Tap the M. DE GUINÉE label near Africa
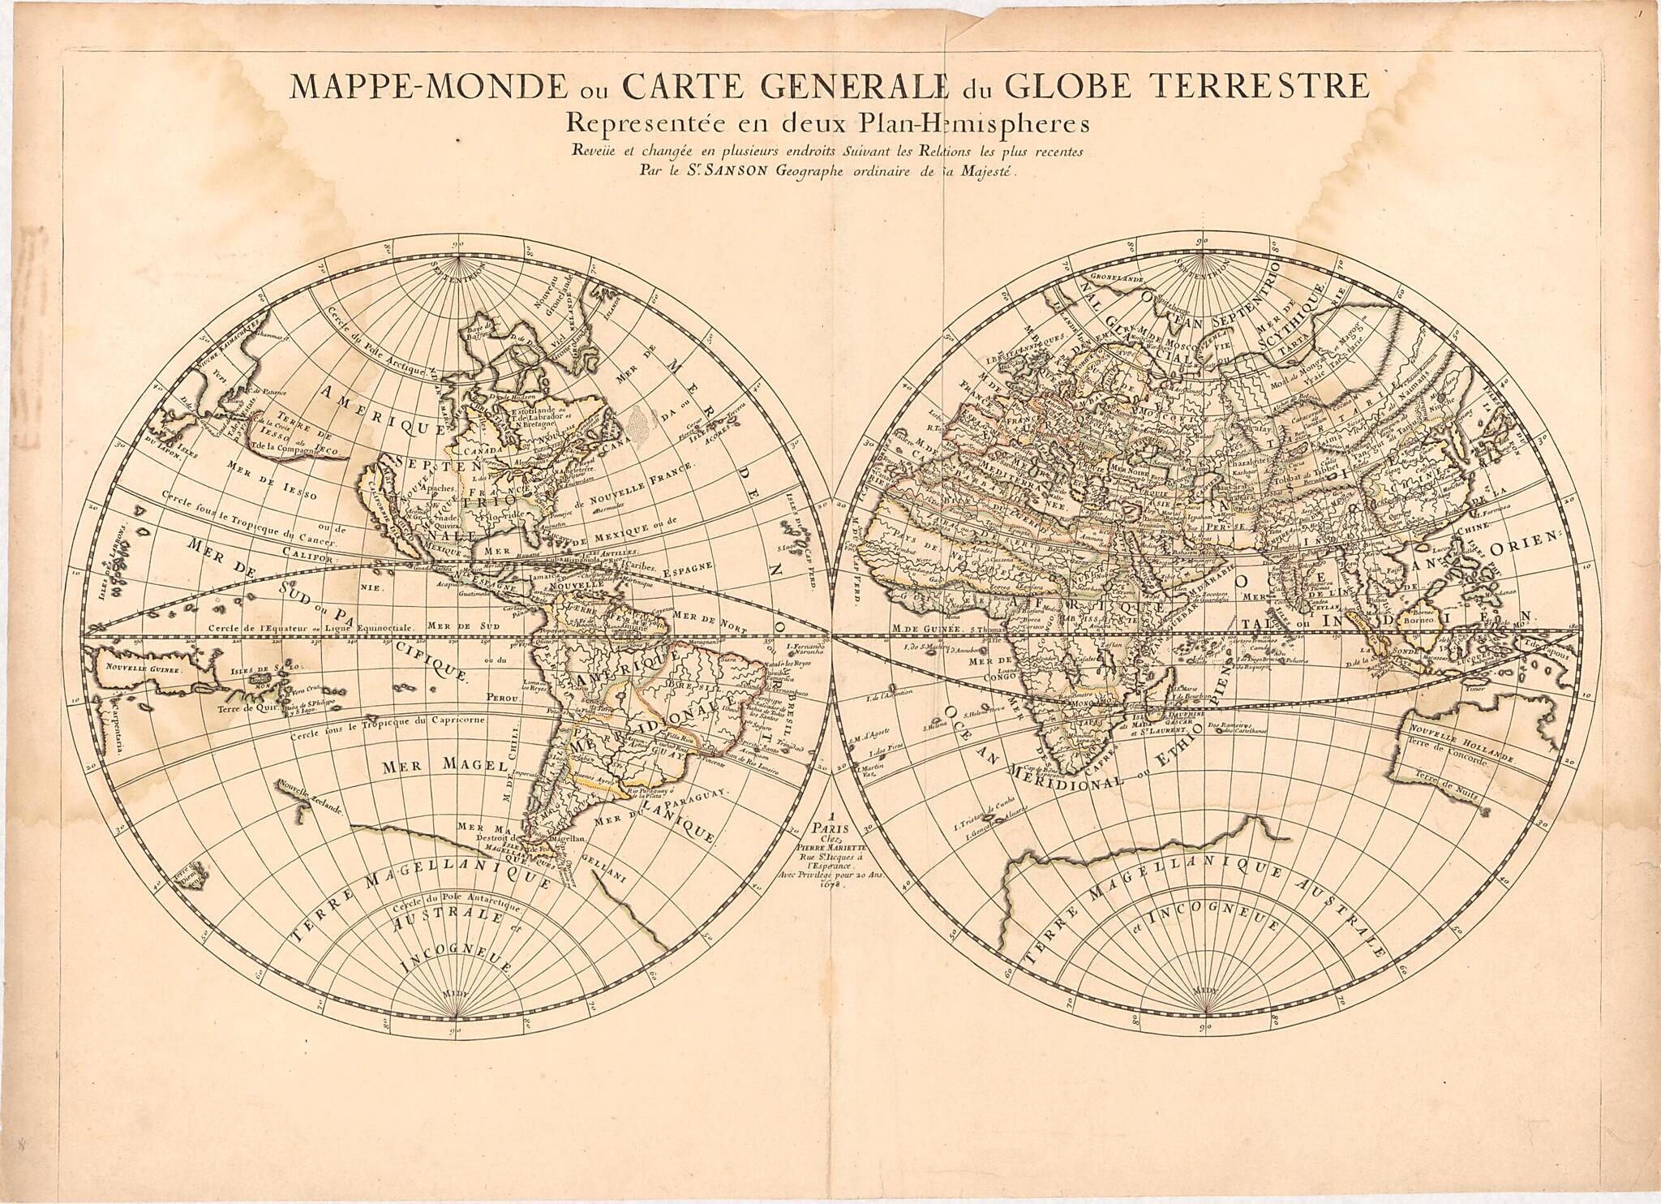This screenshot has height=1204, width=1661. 926,627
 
